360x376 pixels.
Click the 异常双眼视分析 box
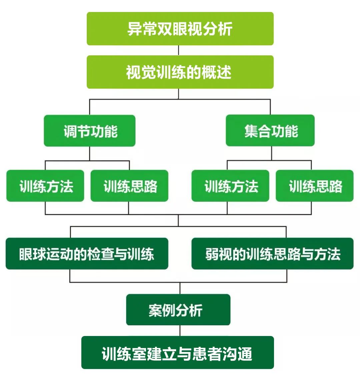180,29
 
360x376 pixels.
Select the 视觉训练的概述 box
180,72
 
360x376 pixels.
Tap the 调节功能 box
90,131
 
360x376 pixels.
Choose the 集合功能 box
270,131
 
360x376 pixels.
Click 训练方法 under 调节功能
45,186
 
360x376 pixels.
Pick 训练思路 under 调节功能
129,186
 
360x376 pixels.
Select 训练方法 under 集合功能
230,186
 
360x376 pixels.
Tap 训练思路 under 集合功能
314,186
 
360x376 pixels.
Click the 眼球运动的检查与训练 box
87,254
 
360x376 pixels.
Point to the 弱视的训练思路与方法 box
272,254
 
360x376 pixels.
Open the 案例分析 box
178,310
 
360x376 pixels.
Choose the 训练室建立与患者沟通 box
177,353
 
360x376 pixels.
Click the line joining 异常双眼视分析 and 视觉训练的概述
179,50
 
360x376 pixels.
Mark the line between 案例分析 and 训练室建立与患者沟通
180,331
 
